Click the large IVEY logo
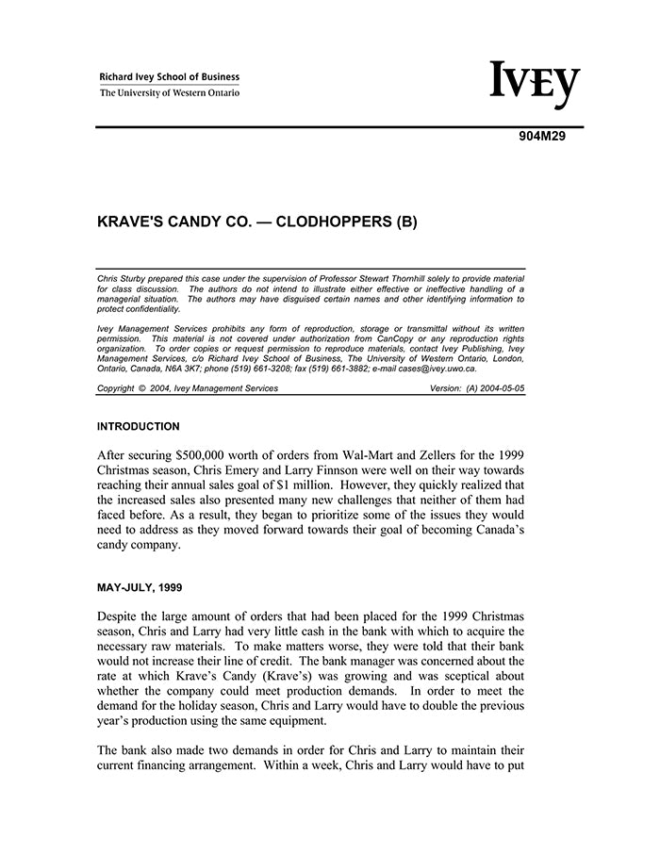pos(535,85)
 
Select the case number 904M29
pos(541,137)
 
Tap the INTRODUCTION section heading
pos(139,427)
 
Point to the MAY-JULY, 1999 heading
pos(140,587)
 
